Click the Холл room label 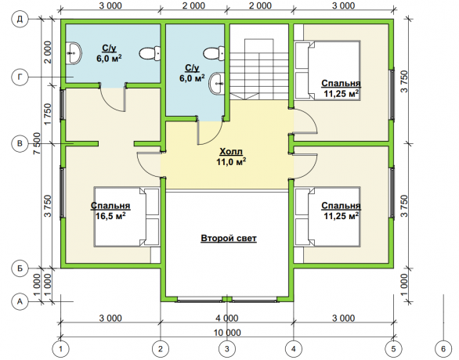pos(231,152)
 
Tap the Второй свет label pos(229,238)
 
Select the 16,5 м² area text pos(110,216)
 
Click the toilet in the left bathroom pos(150,54)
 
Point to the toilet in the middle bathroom pos(215,53)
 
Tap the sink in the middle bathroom pos(217,84)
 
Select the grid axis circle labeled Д pos(20,20)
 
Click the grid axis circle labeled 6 pos(443,348)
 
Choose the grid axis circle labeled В pos(20,143)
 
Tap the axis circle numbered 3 pos(227,348)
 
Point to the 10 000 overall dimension pos(227,333)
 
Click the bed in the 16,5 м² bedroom pos(127,217)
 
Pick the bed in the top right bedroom pos(327,70)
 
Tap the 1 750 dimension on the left pos(48,114)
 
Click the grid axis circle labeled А pos(20,301)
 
